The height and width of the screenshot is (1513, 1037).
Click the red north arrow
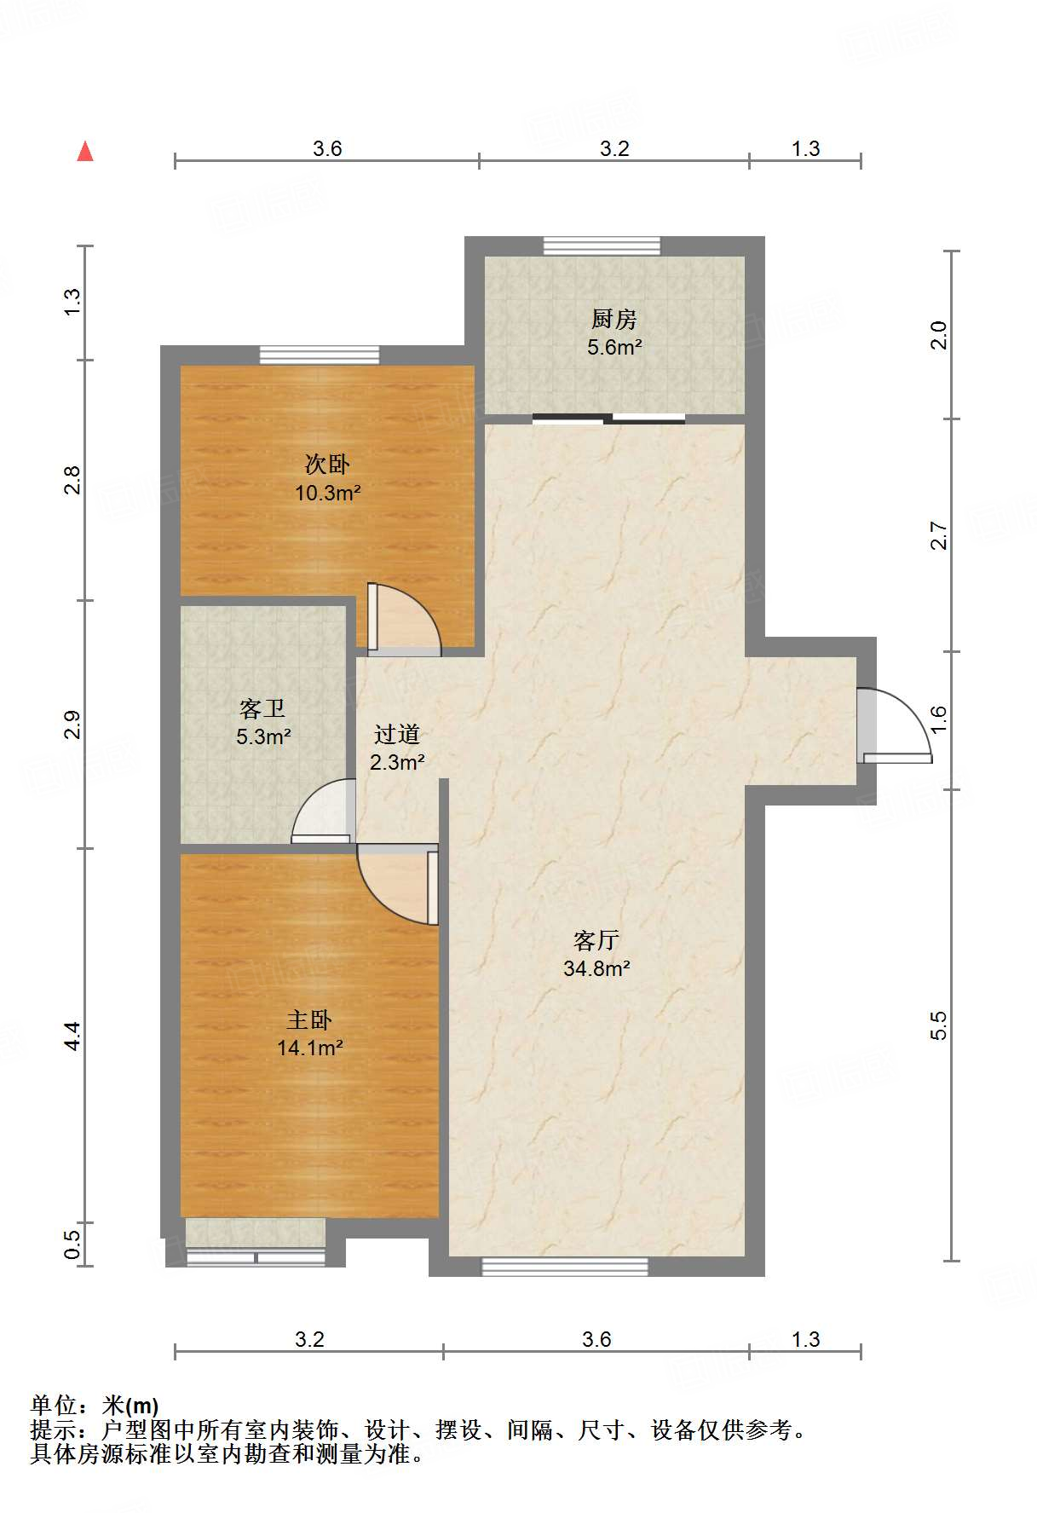click(85, 152)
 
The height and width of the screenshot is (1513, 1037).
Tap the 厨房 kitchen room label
click(614, 320)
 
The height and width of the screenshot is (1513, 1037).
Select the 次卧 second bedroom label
click(327, 465)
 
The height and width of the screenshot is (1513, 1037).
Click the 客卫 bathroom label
click(262, 708)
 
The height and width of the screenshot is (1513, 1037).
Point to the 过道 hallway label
click(397, 734)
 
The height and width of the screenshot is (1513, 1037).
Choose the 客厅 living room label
click(596, 940)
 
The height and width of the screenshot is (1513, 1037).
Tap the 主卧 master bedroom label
click(309, 1019)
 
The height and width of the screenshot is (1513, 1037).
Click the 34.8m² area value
click(596, 968)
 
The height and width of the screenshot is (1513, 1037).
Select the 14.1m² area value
click(310, 1048)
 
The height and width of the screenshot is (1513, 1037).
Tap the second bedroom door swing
click(404, 620)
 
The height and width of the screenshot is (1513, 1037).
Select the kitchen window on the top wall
click(602, 245)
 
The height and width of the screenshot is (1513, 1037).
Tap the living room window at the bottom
click(565, 1267)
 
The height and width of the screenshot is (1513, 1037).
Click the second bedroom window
click(320, 355)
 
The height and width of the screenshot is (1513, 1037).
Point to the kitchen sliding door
click(609, 419)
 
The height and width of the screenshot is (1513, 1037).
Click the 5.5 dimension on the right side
click(938, 1025)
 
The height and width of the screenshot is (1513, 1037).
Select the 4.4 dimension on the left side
click(72, 1036)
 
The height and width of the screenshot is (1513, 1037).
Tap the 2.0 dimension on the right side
click(938, 335)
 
